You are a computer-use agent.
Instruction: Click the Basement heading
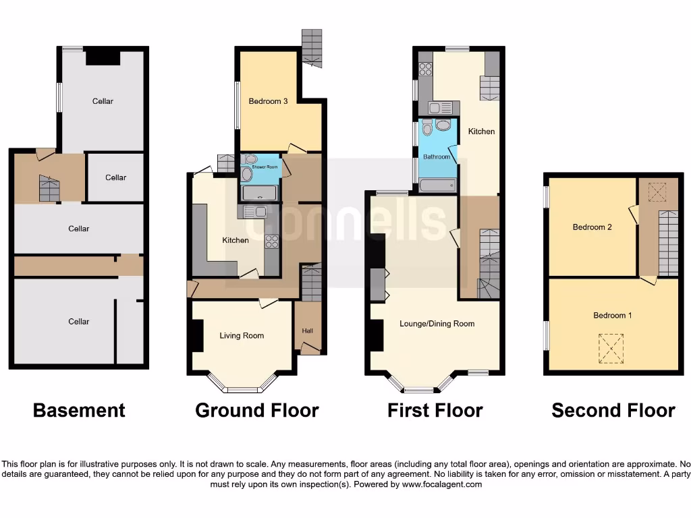pos(79,410)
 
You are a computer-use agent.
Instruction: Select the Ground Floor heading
pos(256,410)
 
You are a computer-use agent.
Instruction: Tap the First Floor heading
pos(435,410)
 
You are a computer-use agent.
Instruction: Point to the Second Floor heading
pos(613,410)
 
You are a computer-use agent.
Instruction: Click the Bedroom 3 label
pos(269,101)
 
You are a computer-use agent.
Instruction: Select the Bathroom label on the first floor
pos(436,156)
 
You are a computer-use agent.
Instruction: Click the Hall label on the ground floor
pos(308,331)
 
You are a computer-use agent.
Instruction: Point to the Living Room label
pos(242,335)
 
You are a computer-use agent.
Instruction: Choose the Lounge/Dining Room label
pos(437,324)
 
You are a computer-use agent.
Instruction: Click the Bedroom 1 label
pos(613,315)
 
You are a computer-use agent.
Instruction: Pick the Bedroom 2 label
pos(592,227)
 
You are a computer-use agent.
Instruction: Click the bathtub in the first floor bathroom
pos(437,185)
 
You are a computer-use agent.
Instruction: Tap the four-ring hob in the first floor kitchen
pos(426,69)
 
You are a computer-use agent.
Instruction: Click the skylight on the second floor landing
pos(654,193)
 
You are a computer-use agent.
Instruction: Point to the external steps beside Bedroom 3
pos(312,47)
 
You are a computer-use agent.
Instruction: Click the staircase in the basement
pos(49,188)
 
